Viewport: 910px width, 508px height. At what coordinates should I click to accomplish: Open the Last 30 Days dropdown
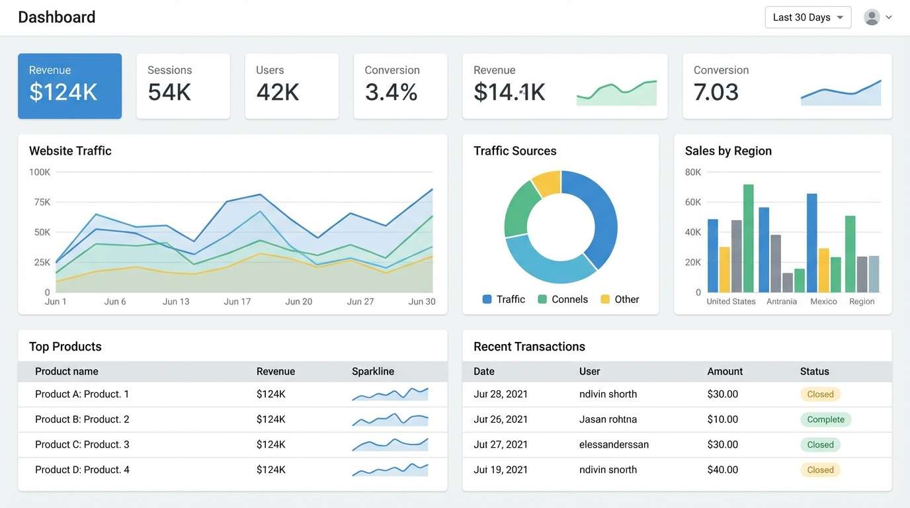(807, 17)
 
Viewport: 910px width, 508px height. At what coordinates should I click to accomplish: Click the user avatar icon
(872, 17)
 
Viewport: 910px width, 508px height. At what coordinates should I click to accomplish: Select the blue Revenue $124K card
(69, 86)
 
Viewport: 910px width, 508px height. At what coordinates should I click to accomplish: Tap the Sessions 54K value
(169, 93)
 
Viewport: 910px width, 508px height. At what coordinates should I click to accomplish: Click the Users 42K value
(278, 93)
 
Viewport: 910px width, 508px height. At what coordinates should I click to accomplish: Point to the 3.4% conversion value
(391, 93)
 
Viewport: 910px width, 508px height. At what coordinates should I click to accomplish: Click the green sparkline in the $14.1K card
(616, 93)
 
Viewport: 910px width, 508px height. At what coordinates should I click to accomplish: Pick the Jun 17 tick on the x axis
(237, 302)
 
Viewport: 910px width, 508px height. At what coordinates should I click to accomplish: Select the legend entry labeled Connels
(563, 300)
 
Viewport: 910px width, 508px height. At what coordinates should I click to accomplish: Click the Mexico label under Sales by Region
(823, 302)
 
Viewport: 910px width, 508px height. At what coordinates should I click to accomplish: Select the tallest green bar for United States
(748, 238)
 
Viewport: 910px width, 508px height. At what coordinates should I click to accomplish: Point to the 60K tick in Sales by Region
(693, 202)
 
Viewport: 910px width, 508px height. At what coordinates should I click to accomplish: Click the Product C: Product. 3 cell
(82, 444)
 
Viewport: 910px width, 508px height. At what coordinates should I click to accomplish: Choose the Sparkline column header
(373, 372)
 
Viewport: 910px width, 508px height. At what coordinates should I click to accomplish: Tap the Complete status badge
(825, 419)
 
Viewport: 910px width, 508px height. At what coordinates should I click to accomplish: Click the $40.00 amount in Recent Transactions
(722, 470)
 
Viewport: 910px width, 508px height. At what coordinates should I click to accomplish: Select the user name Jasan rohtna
(608, 419)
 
